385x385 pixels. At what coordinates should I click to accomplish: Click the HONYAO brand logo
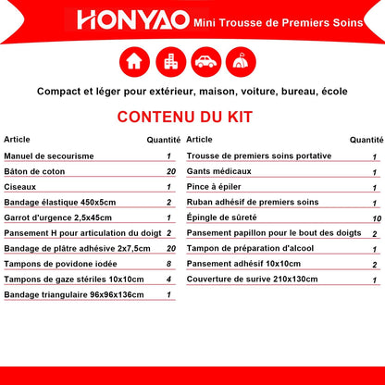pos(133,20)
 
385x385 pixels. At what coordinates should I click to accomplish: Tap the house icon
pos(134,62)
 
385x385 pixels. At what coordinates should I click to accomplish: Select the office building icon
pos(171,62)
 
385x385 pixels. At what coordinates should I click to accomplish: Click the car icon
pos(206,62)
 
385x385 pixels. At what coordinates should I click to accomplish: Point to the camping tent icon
pos(241,62)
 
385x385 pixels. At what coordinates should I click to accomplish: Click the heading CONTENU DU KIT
pos(185,117)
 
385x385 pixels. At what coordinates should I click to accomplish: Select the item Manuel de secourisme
pos(49,156)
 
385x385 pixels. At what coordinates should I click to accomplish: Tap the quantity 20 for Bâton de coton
pos(171,171)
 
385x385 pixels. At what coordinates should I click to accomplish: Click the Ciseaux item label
pos(20,187)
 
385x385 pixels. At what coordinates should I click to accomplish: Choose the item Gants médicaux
pos(219,171)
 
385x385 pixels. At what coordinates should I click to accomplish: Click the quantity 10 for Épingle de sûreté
pos(377,218)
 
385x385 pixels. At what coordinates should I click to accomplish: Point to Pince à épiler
pos(214,187)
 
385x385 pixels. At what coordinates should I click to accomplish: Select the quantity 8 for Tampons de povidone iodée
pos(168,264)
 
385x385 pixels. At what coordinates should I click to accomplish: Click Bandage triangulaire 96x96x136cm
pos(74,295)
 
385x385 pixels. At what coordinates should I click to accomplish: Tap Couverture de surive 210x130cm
pos(252,279)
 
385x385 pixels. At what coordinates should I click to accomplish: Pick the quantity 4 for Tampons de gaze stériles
pos(168,279)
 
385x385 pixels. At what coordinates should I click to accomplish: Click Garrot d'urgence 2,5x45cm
pos(58,217)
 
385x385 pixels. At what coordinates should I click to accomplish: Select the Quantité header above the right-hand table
pos(366,140)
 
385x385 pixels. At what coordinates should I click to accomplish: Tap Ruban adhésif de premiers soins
pos(253,203)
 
